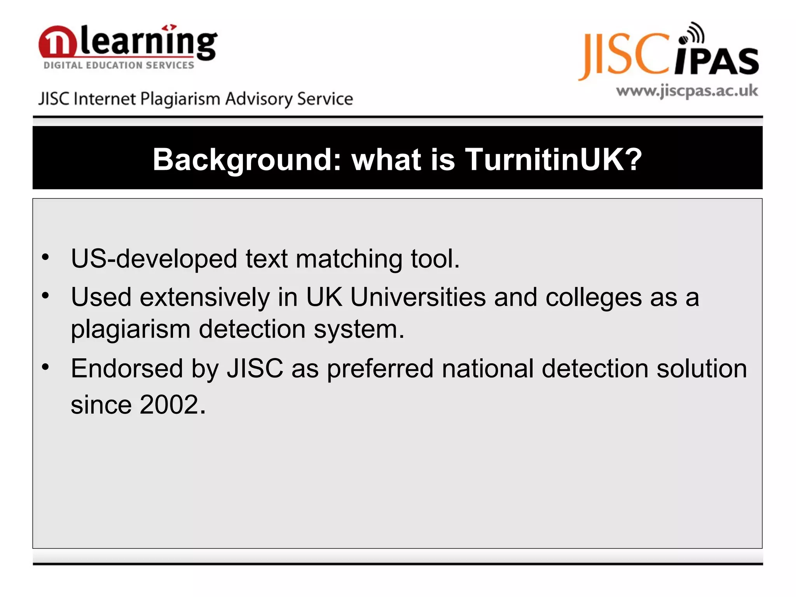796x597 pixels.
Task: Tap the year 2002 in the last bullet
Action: [x=169, y=405]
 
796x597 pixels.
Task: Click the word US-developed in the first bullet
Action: [x=154, y=259]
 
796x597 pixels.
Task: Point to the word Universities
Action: [x=418, y=297]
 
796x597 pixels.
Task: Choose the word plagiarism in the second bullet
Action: [x=131, y=330]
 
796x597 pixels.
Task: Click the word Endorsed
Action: [x=127, y=368]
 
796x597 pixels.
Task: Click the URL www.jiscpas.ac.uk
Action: [x=687, y=91]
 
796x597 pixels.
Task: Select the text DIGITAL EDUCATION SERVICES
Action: [x=119, y=65]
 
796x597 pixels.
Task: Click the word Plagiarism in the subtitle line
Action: [x=180, y=99]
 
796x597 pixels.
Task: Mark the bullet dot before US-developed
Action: [x=46, y=257]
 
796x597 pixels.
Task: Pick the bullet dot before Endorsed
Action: [x=46, y=367]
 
